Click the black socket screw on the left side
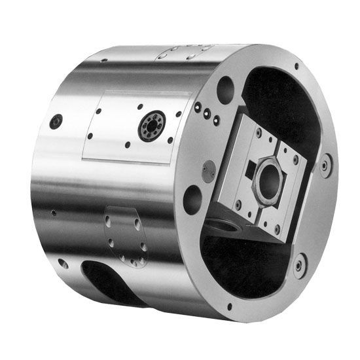point(57,121)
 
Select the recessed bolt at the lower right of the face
point(299,265)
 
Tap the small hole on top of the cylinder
point(103,61)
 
